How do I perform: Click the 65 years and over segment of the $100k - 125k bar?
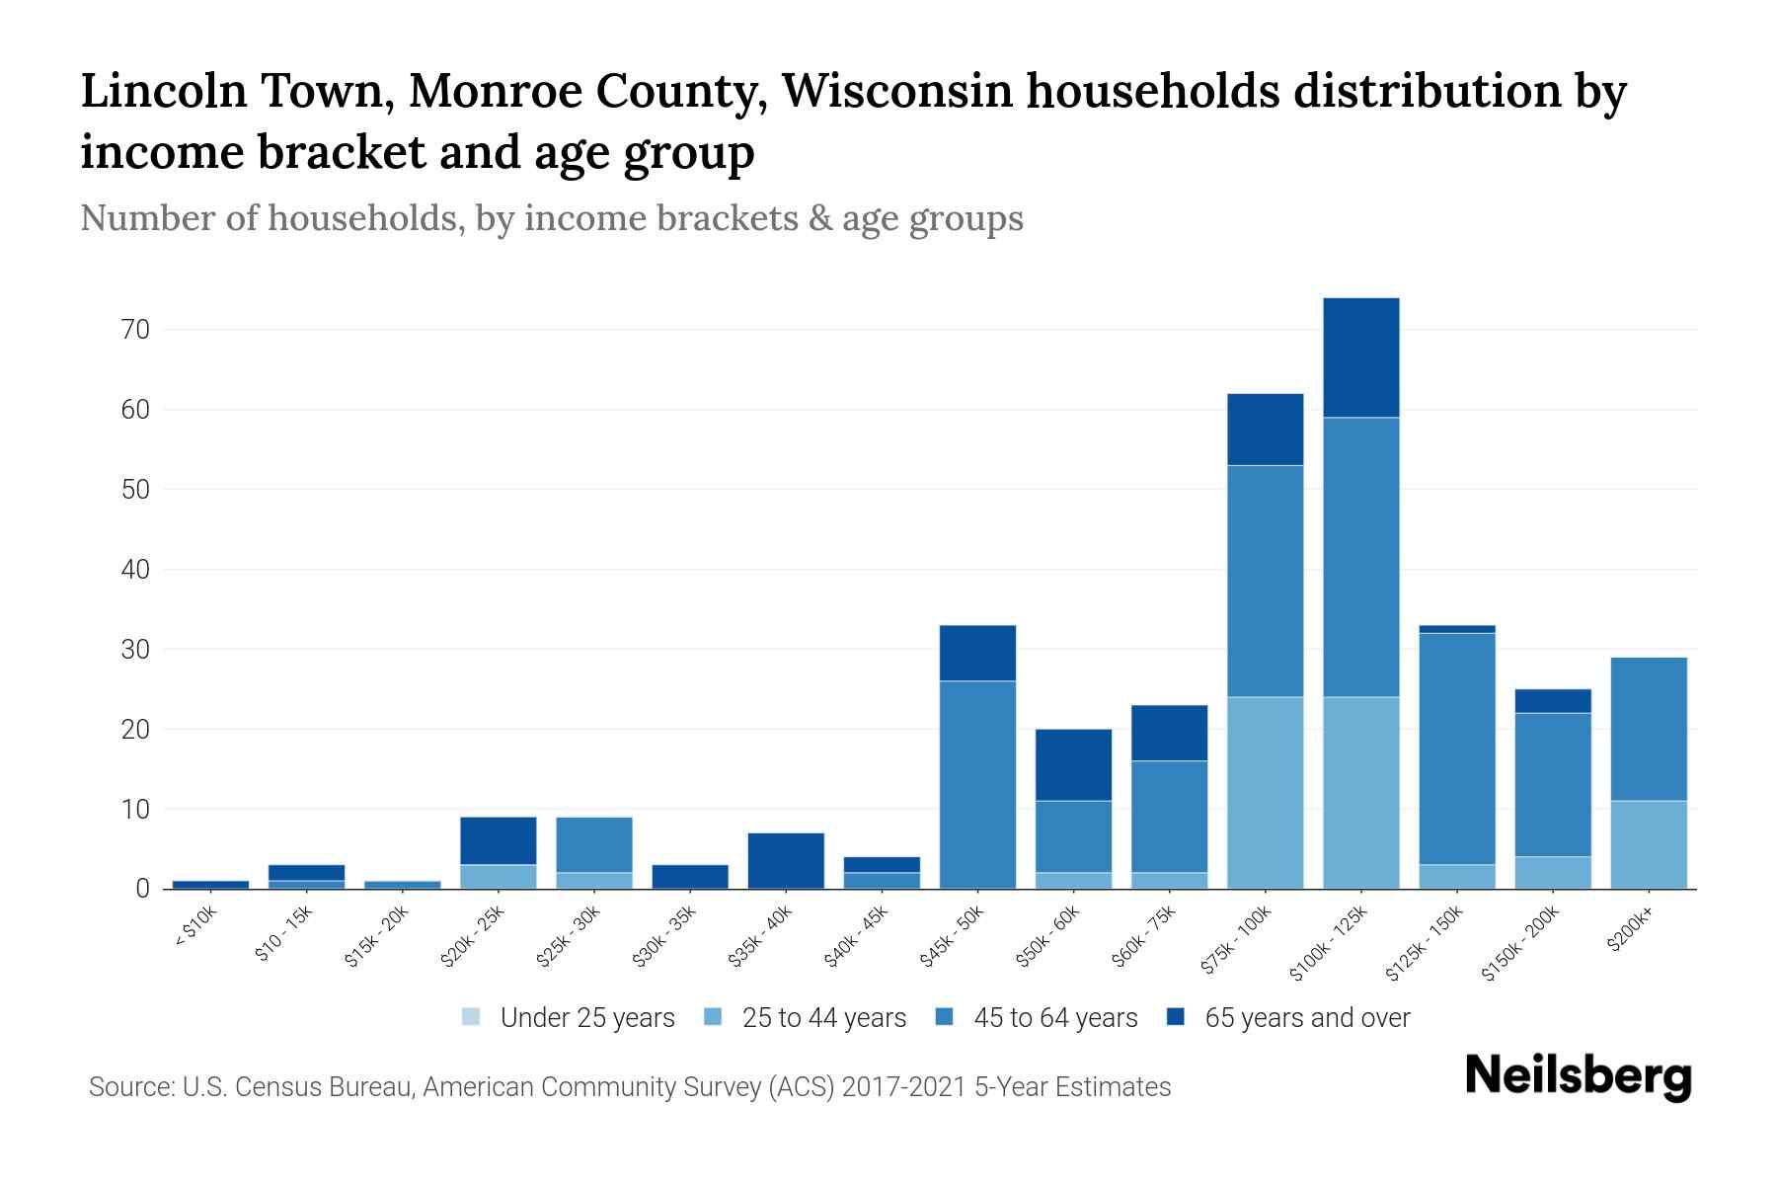1361,357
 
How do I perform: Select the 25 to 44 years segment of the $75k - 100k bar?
1265,793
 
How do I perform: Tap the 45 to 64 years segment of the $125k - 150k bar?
1456,749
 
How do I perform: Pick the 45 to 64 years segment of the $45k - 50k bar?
977,785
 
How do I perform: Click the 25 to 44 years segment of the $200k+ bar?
1648,844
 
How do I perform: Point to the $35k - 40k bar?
786,861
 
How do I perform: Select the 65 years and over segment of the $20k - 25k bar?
499,840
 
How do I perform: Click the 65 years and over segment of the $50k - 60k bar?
1073,765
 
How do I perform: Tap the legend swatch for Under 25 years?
472,1017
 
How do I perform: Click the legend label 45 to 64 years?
1055,1018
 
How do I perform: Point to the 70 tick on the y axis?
136,330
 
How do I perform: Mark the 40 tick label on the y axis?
136,570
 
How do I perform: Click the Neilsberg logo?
1578,1077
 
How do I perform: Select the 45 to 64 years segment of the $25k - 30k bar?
594,844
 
